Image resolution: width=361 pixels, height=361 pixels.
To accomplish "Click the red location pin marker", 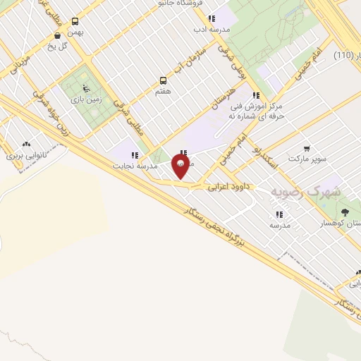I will (x=180, y=166).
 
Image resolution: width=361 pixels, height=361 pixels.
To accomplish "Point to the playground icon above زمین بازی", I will (x=85, y=89).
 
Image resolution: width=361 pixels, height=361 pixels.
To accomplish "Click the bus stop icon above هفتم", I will (x=163, y=80).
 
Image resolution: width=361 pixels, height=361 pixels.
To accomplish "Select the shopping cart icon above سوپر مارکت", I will (x=307, y=148).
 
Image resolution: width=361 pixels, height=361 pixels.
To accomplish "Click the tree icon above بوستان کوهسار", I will (x=345, y=212).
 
